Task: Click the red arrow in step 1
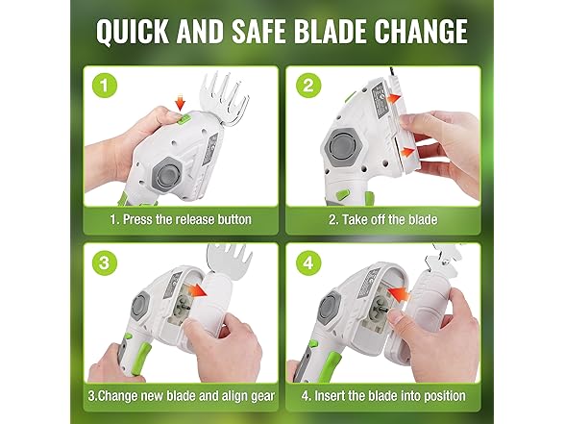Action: tap(179, 101)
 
